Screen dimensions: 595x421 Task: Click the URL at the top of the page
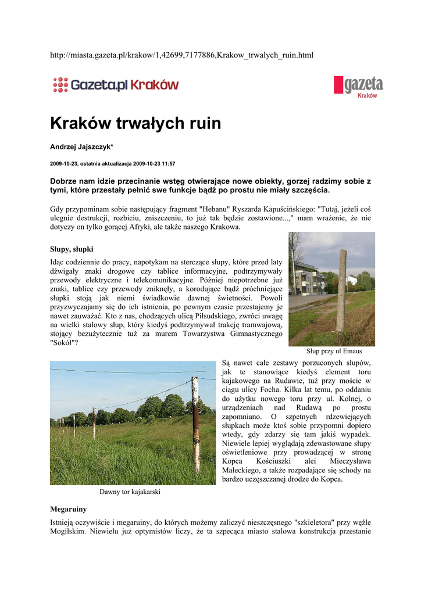pyautogui.click(x=181, y=55)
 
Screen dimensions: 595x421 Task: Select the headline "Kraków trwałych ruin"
pyautogui.click(x=135, y=123)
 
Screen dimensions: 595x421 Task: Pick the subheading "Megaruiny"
pyautogui.click(x=68, y=509)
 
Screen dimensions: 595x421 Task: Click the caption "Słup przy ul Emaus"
pyautogui.click(x=334, y=352)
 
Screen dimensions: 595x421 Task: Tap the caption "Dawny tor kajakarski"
pyautogui.click(x=130, y=492)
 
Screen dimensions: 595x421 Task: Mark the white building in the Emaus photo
pyautogui.click(x=309, y=279)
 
